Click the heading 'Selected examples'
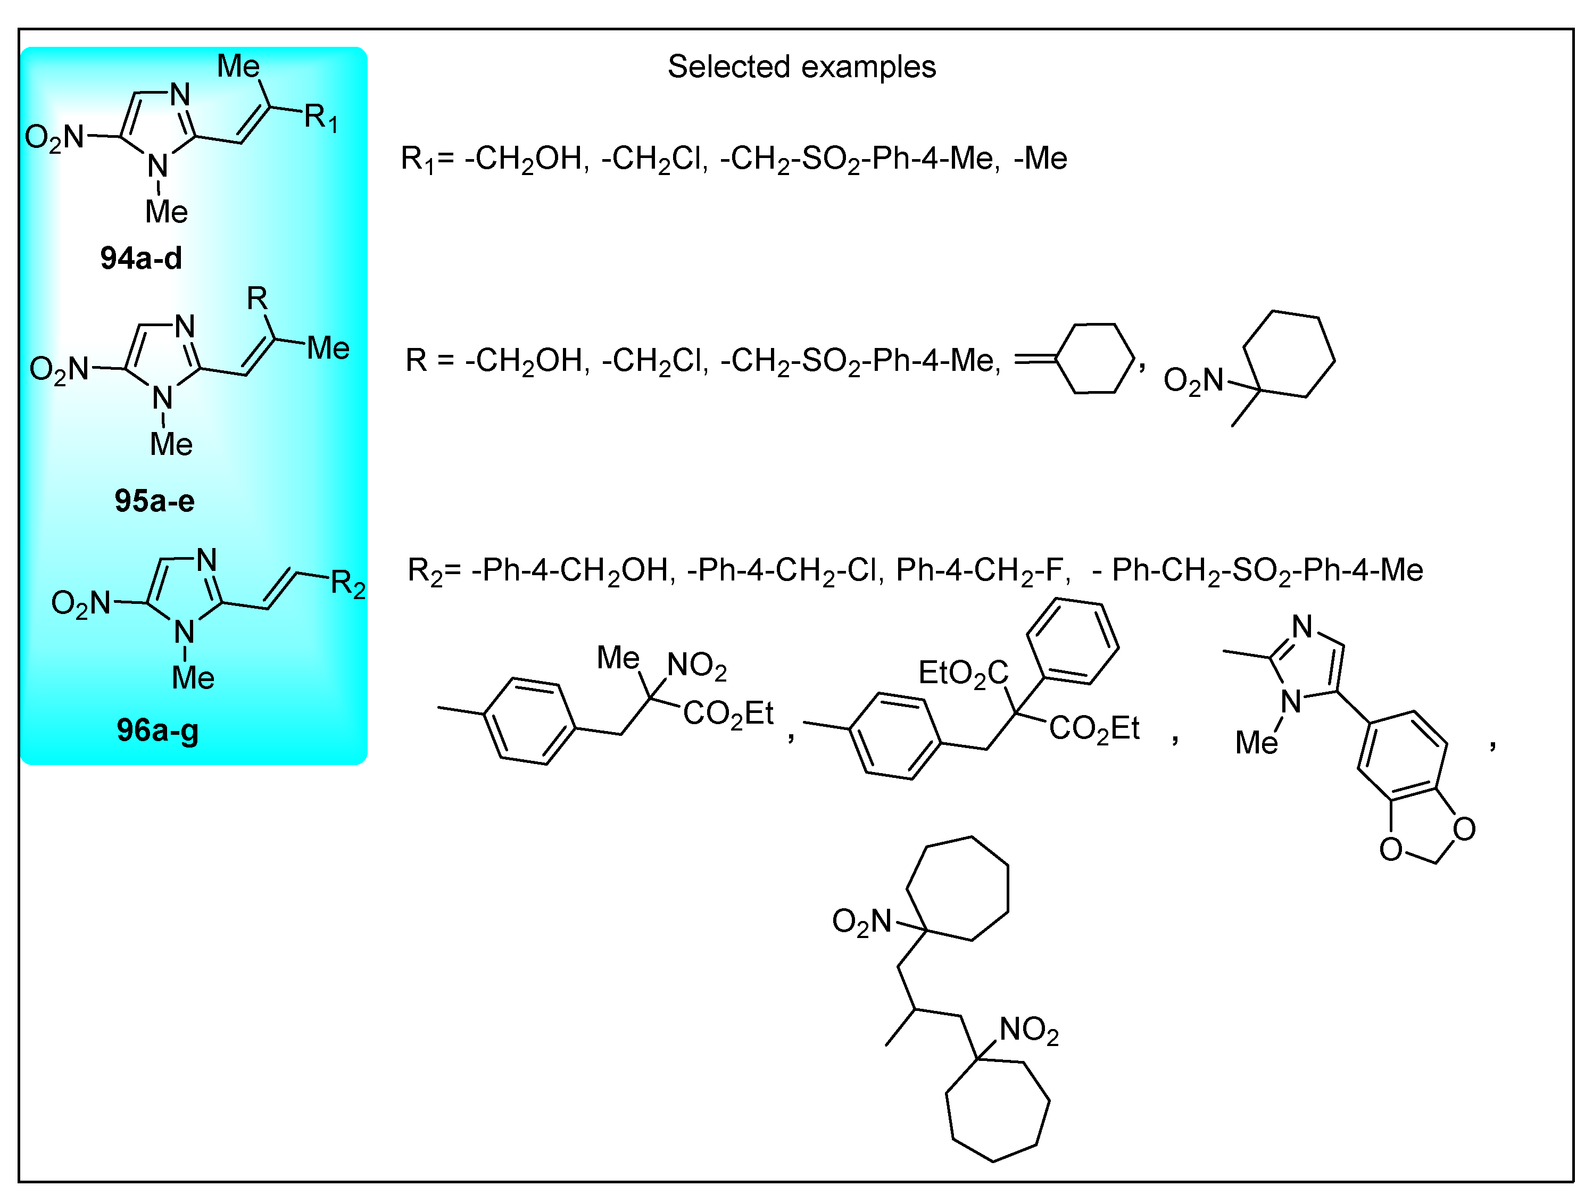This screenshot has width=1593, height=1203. tap(801, 67)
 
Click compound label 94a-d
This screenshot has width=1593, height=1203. tap(141, 258)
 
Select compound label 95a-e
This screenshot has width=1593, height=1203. tap(154, 501)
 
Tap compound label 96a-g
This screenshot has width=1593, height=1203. tap(157, 731)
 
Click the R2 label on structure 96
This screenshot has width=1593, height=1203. tap(348, 584)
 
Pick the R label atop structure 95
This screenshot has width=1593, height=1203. tap(257, 297)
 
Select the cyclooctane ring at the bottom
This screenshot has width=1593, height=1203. tap(996, 1110)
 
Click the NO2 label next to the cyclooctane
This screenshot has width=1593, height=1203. tap(1028, 1031)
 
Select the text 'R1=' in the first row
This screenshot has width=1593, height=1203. tap(427, 159)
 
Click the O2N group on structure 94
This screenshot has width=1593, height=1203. tap(54, 137)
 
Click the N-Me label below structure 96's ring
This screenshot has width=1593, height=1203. tap(192, 678)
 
